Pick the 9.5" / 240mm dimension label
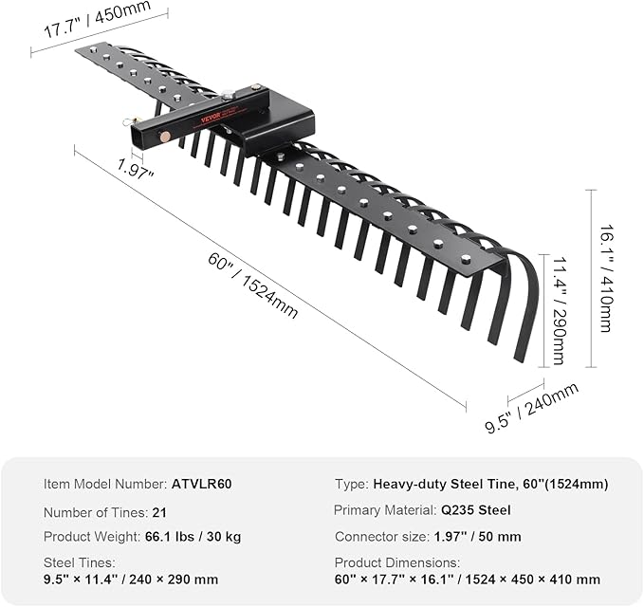[532, 407]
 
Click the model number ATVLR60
[202, 484]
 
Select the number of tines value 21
[159, 512]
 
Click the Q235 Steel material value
[476, 510]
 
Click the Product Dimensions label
[397, 562]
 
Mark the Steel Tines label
[80, 562]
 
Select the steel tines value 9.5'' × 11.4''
[131, 579]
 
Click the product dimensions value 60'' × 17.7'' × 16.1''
[468, 579]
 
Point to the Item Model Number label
[105, 484]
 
